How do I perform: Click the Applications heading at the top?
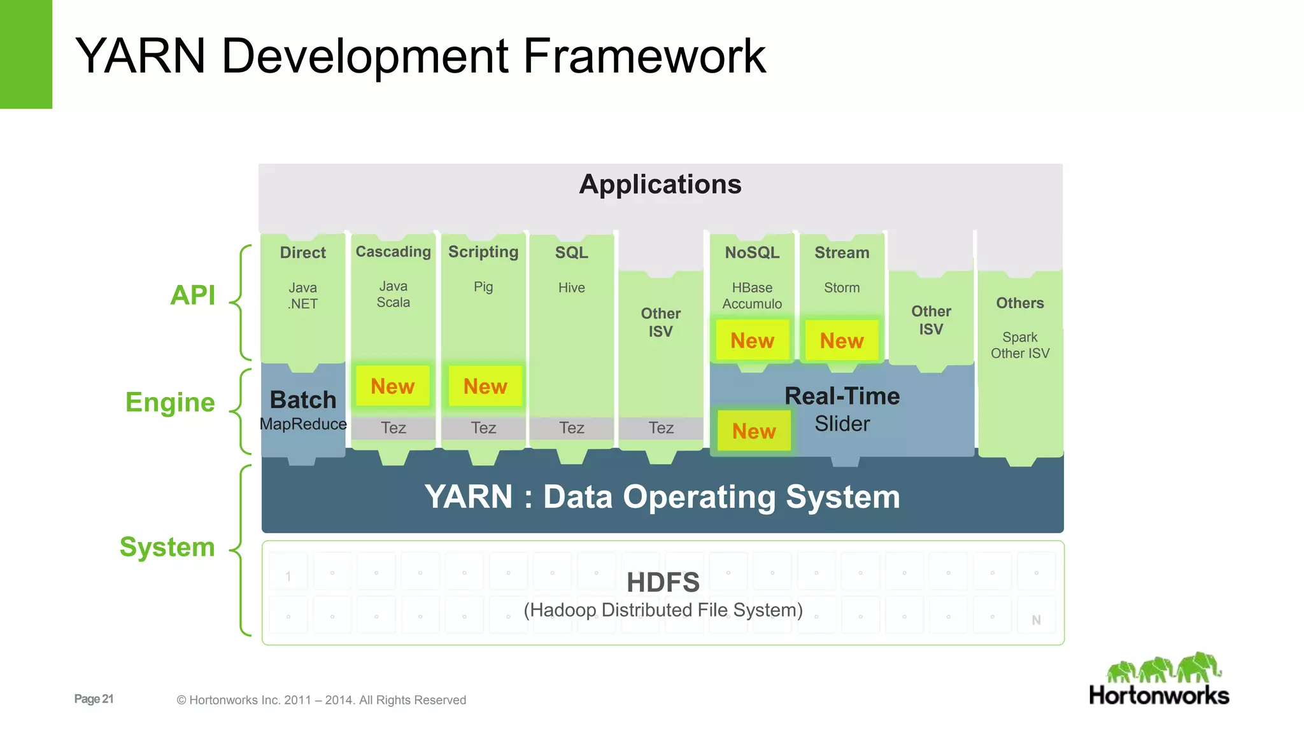coord(660,185)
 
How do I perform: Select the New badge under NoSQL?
coord(752,340)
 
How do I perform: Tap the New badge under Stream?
coord(842,340)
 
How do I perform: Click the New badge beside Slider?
coord(754,431)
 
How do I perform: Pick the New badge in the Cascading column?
coord(392,386)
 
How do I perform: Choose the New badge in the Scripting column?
coord(485,386)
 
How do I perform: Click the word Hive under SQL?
coord(571,288)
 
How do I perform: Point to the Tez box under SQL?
coord(571,428)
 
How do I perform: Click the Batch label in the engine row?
coord(303,400)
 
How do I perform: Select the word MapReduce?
coord(303,424)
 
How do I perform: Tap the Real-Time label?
coord(842,396)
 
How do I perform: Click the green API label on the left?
coord(193,295)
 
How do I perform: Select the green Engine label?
coord(170,402)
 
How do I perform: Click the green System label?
coord(167,547)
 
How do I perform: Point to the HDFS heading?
coord(663,582)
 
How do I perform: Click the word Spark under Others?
coord(1019,337)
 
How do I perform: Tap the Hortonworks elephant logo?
coord(1164,668)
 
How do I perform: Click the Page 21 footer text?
coord(94,699)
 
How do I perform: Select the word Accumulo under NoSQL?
coord(752,304)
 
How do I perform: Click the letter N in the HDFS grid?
coord(1036,620)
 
